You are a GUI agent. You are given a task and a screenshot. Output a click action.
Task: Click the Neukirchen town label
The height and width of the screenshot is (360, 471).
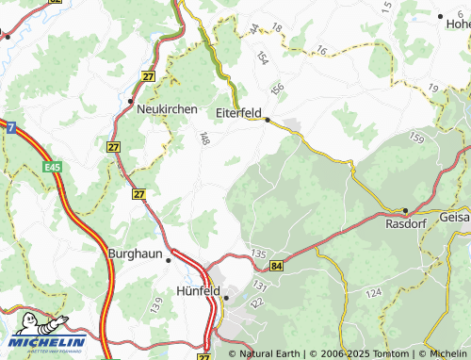point(167,109)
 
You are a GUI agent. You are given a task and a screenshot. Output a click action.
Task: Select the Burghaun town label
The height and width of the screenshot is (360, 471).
point(137,254)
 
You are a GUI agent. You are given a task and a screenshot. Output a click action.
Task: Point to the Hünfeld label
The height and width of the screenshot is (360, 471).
point(198,292)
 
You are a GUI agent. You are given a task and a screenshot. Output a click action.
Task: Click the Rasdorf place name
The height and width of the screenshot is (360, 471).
point(407,224)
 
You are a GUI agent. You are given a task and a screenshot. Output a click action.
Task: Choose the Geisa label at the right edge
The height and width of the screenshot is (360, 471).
point(454,217)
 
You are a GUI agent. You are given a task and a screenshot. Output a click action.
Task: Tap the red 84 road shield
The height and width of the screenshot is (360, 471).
point(275,269)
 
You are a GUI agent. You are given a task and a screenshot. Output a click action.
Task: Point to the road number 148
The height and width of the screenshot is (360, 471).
point(203,139)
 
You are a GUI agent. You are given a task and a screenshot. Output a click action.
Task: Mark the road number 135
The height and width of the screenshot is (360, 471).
point(261,254)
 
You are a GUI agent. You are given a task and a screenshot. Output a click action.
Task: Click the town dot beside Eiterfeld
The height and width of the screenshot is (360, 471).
point(268,120)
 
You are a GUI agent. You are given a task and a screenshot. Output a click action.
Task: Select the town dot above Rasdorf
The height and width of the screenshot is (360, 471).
point(405,210)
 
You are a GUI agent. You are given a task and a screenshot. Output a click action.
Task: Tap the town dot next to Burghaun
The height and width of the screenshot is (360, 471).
point(170,254)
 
